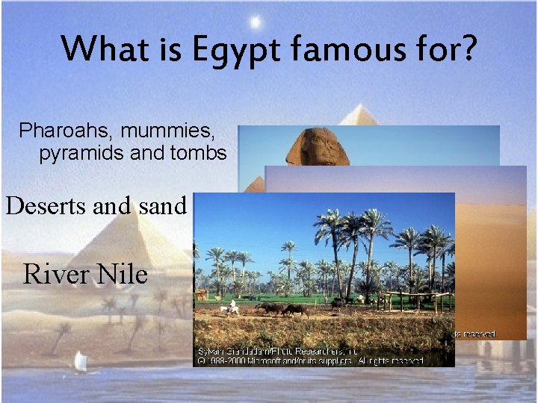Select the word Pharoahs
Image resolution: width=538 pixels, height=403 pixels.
tap(62, 132)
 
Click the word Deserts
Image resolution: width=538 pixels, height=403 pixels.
tap(47, 205)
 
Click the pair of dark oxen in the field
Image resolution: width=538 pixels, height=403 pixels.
tap(284, 308)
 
